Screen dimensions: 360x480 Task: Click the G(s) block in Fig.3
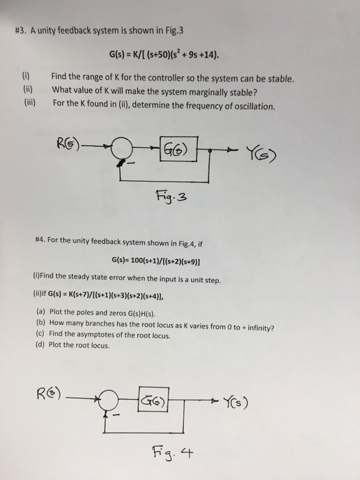pos(179,149)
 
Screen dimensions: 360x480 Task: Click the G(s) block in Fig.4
pos(154,399)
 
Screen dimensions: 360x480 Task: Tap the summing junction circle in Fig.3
pos(121,148)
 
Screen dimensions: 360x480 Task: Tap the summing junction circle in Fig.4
pos(108,400)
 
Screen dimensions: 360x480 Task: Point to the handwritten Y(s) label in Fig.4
pos(235,403)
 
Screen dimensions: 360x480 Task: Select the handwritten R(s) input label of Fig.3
pos(68,144)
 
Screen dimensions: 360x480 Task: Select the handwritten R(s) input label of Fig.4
pos(49,394)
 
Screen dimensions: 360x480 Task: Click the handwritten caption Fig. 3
pos(171,197)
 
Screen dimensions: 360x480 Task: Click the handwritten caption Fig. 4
pos(173,453)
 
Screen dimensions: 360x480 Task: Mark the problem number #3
pos(21,30)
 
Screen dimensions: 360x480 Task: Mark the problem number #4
pos(40,239)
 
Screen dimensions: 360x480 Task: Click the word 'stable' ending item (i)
pos(280,79)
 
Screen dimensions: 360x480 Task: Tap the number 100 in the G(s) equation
pos(136,261)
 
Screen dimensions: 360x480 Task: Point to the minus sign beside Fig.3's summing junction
pos(131,163)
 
